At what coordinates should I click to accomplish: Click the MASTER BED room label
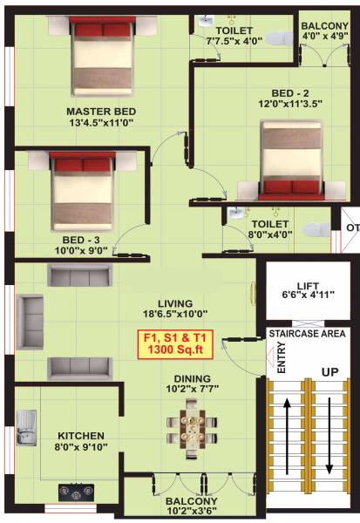100,112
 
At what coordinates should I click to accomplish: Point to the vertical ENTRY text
281,357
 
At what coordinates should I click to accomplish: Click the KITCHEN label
81,436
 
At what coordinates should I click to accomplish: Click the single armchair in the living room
31,313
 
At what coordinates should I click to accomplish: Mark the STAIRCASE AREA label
309,332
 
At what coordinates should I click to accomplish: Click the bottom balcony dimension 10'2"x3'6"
193,513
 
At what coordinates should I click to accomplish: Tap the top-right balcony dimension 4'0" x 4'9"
324,37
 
